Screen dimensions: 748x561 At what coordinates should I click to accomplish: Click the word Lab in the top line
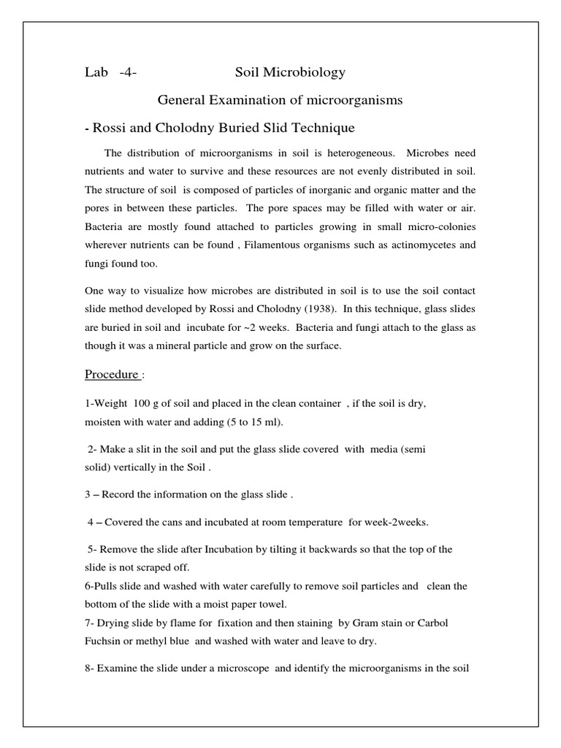[95, 72]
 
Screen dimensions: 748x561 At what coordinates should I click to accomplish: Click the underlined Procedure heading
[112, 375]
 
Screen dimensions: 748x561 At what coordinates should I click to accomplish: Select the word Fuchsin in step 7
[104, 641]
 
